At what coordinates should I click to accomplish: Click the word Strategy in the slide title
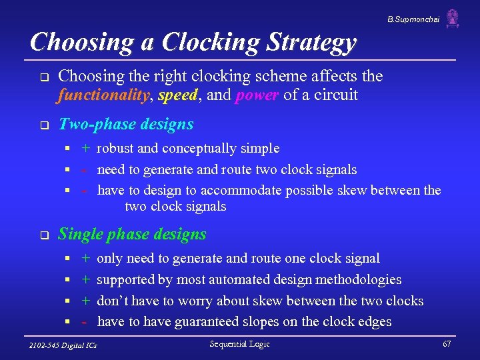pyautogui.click(x=312, y=42)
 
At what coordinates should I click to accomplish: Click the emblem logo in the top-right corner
pyautogui.click(x=453, y=18)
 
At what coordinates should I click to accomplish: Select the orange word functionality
pyautogui.click(x=104, y=95)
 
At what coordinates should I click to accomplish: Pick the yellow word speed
pyautogui.click(x=178, y=95)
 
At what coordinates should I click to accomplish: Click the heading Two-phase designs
pyautogui.click(x=126, y=124)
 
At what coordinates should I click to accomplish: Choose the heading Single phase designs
pyautogui.click(x=132, y=234)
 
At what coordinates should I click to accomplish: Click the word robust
pyautogui.click(x=117, y=148)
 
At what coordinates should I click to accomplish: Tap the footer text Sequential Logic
pyautogui.click(x=239, y=343)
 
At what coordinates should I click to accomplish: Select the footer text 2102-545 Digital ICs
pyautogui.click(x=63, y=345)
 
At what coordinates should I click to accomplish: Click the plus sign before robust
pyautogui.click(x=87, y=148)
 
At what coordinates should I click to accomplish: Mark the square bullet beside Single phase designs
pyautogui.click(x=43, y=235)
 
